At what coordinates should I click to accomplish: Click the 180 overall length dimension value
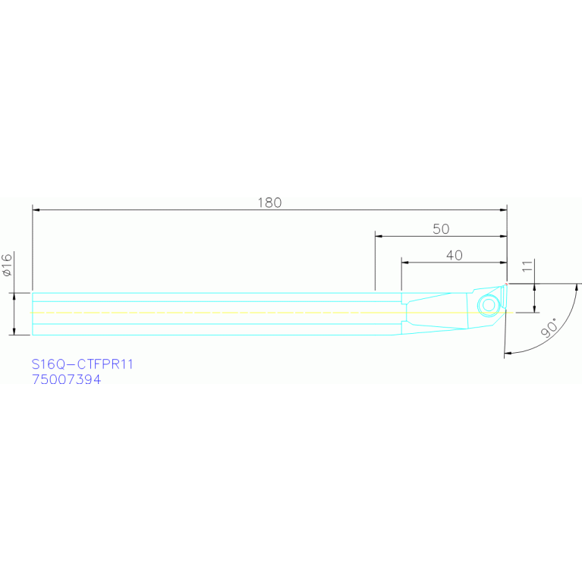click(269, 203)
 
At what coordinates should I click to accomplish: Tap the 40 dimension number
click(454, 256)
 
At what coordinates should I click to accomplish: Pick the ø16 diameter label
click(7, 264)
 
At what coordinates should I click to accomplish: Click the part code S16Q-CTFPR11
click(83, 364)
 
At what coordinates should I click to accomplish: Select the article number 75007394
click(67, 379)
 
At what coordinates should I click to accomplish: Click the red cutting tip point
click(505, 285)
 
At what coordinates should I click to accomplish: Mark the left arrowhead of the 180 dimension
click(35, 209)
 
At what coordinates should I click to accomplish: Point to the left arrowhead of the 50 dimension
click(378, 236)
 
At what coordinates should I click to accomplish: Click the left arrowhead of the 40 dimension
click(404, 263)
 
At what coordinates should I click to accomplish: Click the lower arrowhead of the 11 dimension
click(535, 309)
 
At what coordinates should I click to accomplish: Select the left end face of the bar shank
click(32, 313)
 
